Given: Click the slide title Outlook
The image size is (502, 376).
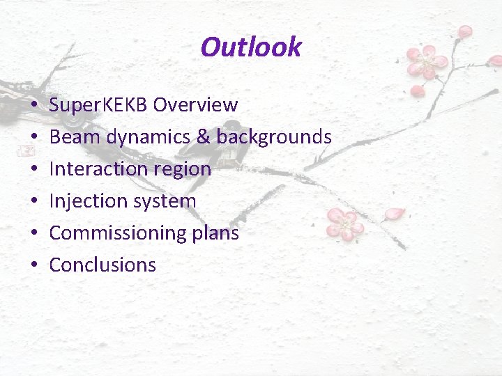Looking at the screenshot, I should [x=250, y=47].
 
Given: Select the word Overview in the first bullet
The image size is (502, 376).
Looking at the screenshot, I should [x=195, y=105].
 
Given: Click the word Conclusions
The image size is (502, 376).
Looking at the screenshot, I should [x=102, y=265].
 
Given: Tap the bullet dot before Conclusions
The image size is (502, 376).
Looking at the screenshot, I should [x=33, y=265].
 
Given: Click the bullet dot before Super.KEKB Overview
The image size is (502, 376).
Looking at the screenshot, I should [x=33, y=106].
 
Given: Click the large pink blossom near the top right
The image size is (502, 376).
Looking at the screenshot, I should [x=426, y=63].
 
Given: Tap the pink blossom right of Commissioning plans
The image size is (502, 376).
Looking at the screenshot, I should [x=344, y=223].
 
